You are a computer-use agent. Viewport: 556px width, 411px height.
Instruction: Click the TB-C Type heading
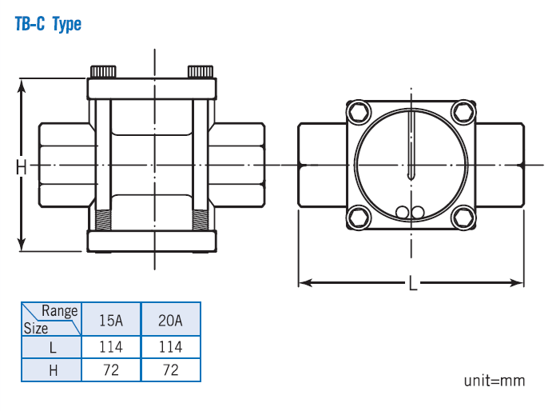[x=48, y=25]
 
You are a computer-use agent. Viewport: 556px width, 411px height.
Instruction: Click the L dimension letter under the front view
[x=412, y=284]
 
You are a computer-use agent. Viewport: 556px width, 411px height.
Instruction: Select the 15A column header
[x=111, y=320]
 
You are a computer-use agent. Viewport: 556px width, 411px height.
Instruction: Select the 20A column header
[x=170, y=320]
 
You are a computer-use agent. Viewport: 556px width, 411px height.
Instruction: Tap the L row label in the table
[x=51, y=347]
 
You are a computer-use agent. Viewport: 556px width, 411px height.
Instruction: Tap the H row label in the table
[x=51, y=369]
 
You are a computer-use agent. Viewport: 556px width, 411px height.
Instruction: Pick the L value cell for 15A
[x=111, y=347]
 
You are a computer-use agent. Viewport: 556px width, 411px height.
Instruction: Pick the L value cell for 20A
[x=170, y=347]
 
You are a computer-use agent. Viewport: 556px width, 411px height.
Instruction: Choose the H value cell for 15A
[x=111, y=369]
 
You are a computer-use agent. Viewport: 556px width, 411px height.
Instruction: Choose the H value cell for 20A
[x=170, y=369]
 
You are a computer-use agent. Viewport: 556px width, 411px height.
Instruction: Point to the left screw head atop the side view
[x=105, y=71]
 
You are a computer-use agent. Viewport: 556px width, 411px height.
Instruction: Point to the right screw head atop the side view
[x=199, y=71]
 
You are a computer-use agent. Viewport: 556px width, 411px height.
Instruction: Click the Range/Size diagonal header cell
[x=51, y=320]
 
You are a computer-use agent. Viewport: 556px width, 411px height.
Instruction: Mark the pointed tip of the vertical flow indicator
[x=411, y=178]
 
